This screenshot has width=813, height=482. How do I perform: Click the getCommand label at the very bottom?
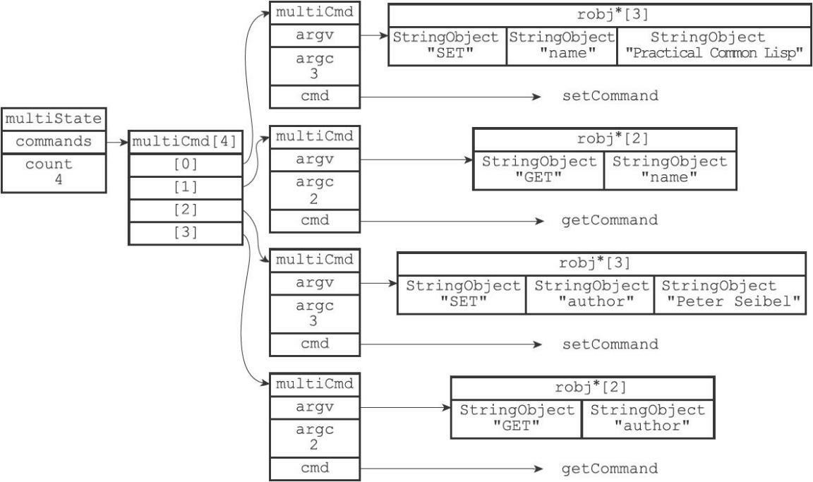click(609, 469)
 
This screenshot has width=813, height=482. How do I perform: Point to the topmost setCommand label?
click(609, 96)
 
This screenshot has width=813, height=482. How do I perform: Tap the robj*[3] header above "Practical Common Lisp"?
click(598, 15)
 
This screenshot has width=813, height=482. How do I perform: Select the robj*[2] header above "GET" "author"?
click(582, 387)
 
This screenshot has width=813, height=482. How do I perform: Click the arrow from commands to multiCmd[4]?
click(114, 142)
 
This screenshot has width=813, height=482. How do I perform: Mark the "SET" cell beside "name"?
click(447, 46)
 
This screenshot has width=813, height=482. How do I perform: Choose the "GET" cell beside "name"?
click(538, 169)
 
